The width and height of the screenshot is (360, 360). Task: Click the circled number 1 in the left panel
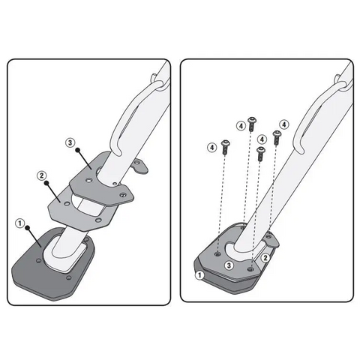click(20, 223)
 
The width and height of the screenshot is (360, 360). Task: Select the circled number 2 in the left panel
click(41, 175)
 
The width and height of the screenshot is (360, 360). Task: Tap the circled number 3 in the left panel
click(70, 142)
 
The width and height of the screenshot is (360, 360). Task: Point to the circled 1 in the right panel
click(199, 275)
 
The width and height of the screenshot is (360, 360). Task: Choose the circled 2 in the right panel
click(265, 258)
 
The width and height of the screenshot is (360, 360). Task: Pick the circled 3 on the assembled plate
click(229, 265)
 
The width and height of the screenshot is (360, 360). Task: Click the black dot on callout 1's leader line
click(28, 228)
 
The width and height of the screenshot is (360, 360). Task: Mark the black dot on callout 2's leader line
click(46, 183)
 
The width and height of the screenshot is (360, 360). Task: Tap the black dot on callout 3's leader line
click(78, 150)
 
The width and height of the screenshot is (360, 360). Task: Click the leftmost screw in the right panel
click(226, 147)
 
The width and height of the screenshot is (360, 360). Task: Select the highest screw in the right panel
click(252, 124)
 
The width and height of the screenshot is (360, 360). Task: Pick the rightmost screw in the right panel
click(277, 137)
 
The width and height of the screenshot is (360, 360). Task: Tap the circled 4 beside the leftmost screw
click(212, 148)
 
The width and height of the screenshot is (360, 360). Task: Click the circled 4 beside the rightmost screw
click(284, 124)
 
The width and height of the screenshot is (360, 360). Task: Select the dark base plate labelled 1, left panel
click(53, 265)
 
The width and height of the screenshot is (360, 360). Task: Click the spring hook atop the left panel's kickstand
click(156, 81)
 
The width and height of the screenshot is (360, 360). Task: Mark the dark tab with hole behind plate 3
click(140, 166)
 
